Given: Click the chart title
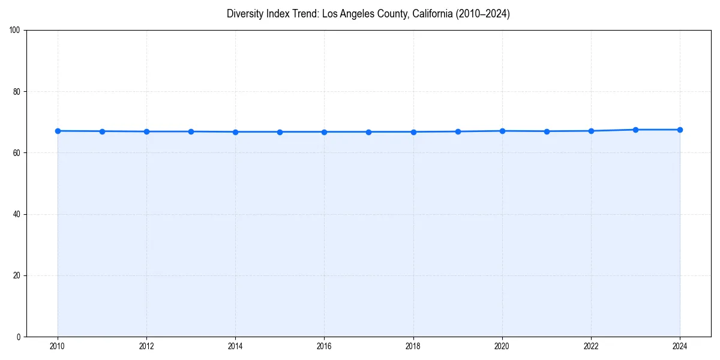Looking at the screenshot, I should pyautogui.click(x=368, y=14).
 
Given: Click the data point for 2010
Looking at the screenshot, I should pyautogui.click(x=58, y=131).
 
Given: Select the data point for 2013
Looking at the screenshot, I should pyautogui.click(x=191, y=131).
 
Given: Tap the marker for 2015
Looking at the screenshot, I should pyautogui.click(x=280, y=132).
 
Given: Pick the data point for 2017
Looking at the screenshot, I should pyautogui.click(x=368, y=132).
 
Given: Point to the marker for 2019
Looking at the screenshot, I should pyautogui.click(x=458, y=131).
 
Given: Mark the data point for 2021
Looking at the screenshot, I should pyautogui.click(x=547, y=131).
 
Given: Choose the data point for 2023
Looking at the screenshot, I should pyautogui.click(x=635, y=130).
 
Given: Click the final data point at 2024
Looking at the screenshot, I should pyautogui.click(x=680, y=130).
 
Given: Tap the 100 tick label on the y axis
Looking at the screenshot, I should pyautogui.click(x=16, y=31).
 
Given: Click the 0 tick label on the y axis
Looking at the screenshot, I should pyautogui.click(x=19, y=337).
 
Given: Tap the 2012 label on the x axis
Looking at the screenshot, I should pyautogui.click(x=146, y=346).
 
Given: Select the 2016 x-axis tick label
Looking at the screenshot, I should pyautogui.click(x=324, y=346).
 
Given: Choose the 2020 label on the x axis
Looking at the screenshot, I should pyautogui.click(x=502, y=346).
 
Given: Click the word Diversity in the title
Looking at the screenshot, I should pyautogui.click(x=245, y=14).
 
